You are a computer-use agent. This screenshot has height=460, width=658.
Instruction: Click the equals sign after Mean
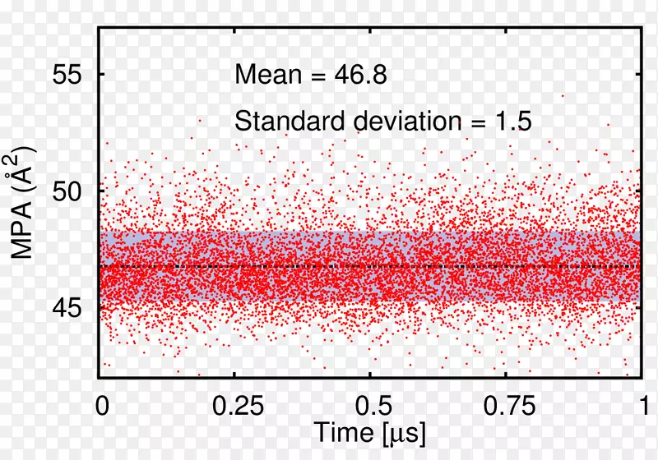tap(317, 76)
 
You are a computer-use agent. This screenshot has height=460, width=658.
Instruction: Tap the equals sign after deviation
tap(475, 122)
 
